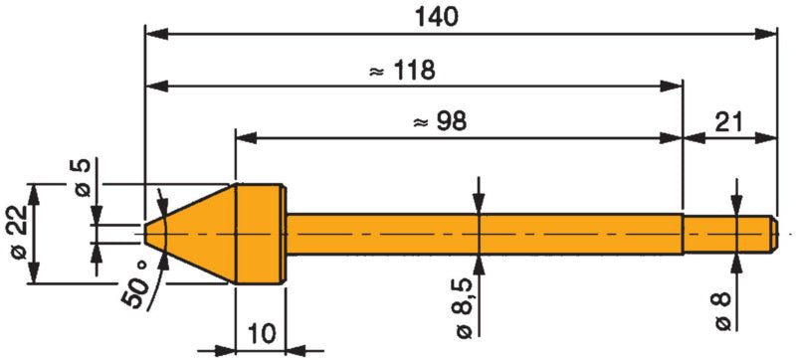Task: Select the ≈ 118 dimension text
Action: pos(401,71)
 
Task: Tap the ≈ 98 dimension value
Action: pos(440,122)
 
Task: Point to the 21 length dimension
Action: pos(729,122)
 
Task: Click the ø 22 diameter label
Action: pos(19,234)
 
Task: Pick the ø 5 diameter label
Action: pos(83,177)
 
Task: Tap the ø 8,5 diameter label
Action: pos(466,310)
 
